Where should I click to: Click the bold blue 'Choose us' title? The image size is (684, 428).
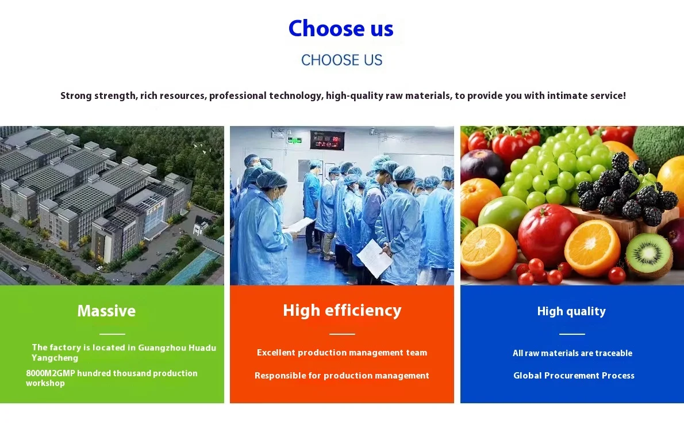[341, 29]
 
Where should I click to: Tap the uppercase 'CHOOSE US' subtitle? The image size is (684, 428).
[341, 60]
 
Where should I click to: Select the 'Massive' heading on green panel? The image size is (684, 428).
[106, 311]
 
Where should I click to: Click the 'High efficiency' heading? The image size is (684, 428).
[342, 311]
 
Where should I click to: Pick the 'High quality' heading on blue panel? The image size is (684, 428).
[571, 311]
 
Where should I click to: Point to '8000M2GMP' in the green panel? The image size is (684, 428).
[50, 373]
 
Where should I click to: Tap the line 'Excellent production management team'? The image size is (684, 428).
[342, 353]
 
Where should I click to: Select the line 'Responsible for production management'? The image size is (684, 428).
[342, 376]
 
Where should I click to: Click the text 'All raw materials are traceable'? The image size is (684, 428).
[572, 353]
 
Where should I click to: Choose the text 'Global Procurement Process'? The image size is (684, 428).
[574, 376]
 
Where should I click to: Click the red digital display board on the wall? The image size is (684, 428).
[327, 140]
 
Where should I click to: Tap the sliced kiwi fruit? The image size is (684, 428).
[649, 255]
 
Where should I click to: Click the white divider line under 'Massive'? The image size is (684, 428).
[112, 334]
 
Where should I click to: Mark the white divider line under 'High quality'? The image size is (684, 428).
[572, 334]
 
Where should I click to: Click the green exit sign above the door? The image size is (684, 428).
[295, 140]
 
